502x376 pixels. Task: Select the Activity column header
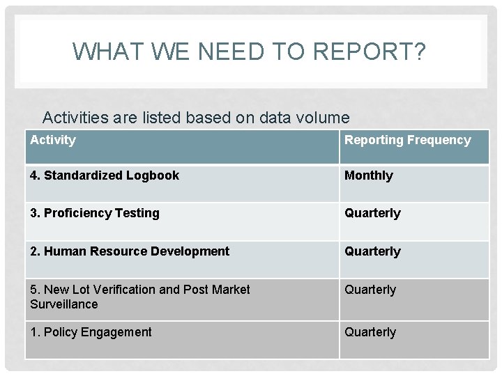pyautogui.click(x=53, y=140)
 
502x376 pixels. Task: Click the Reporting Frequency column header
pyautogui.click(x=407, y=140)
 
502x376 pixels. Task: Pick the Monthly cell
pyautogui.click(x=369, y=175)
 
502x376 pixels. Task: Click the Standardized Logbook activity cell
pyautogui.click(x=105, y=175)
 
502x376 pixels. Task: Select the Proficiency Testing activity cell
pyautogui.click(x=95, y=213)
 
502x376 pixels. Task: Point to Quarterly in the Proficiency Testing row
pyautogui.click(x=372, y=213)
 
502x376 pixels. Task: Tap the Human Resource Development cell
pyautogui.click(x=130, y=251)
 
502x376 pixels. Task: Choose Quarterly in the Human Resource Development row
pyautogui.click(x=372, y=251)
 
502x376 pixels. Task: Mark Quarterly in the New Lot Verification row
pyautogui.click(x=370, y=290)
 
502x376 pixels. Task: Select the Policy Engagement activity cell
pyautogui.click(x=91, y=332)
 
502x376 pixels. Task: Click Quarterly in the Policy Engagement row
pyautogui.click(x=370, y=332)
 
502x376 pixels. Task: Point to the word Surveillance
pyautogui.click(x=64, y=304)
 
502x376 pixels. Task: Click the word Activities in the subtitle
pyautogui.click(x=75, y=118)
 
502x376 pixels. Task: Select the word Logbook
pyautogui.click(x=153, y=175)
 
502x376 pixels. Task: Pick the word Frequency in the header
pyautogui.click(x=439, y=140)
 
